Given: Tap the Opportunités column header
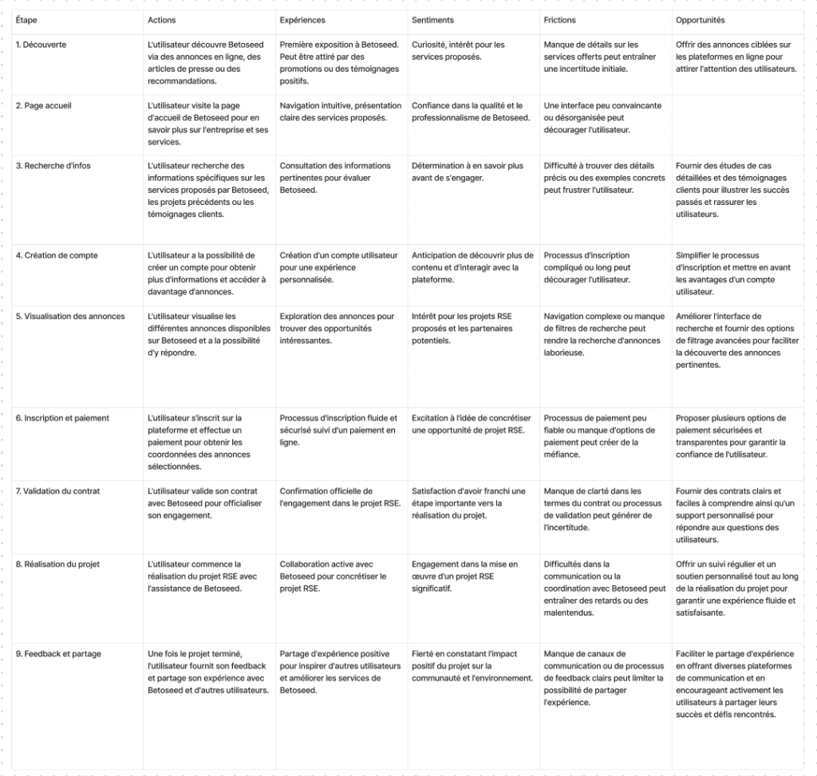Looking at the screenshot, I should (x=700, y=20).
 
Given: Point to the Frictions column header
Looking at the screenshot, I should (x=559, y=20).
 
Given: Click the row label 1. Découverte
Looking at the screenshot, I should (x=41, y=45).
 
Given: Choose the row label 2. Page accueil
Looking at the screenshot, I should (x=45, y=105).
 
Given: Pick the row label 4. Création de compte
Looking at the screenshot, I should (x=57, y=255).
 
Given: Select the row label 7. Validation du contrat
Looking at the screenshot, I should (x=60, y=491).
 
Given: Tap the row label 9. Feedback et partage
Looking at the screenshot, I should (x=58, y=654).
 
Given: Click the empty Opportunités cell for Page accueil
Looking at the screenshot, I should (x=737, y=124).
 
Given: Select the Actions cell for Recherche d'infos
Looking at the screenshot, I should (x=208, y=190).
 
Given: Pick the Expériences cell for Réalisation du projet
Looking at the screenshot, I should (x=333, y=577).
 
